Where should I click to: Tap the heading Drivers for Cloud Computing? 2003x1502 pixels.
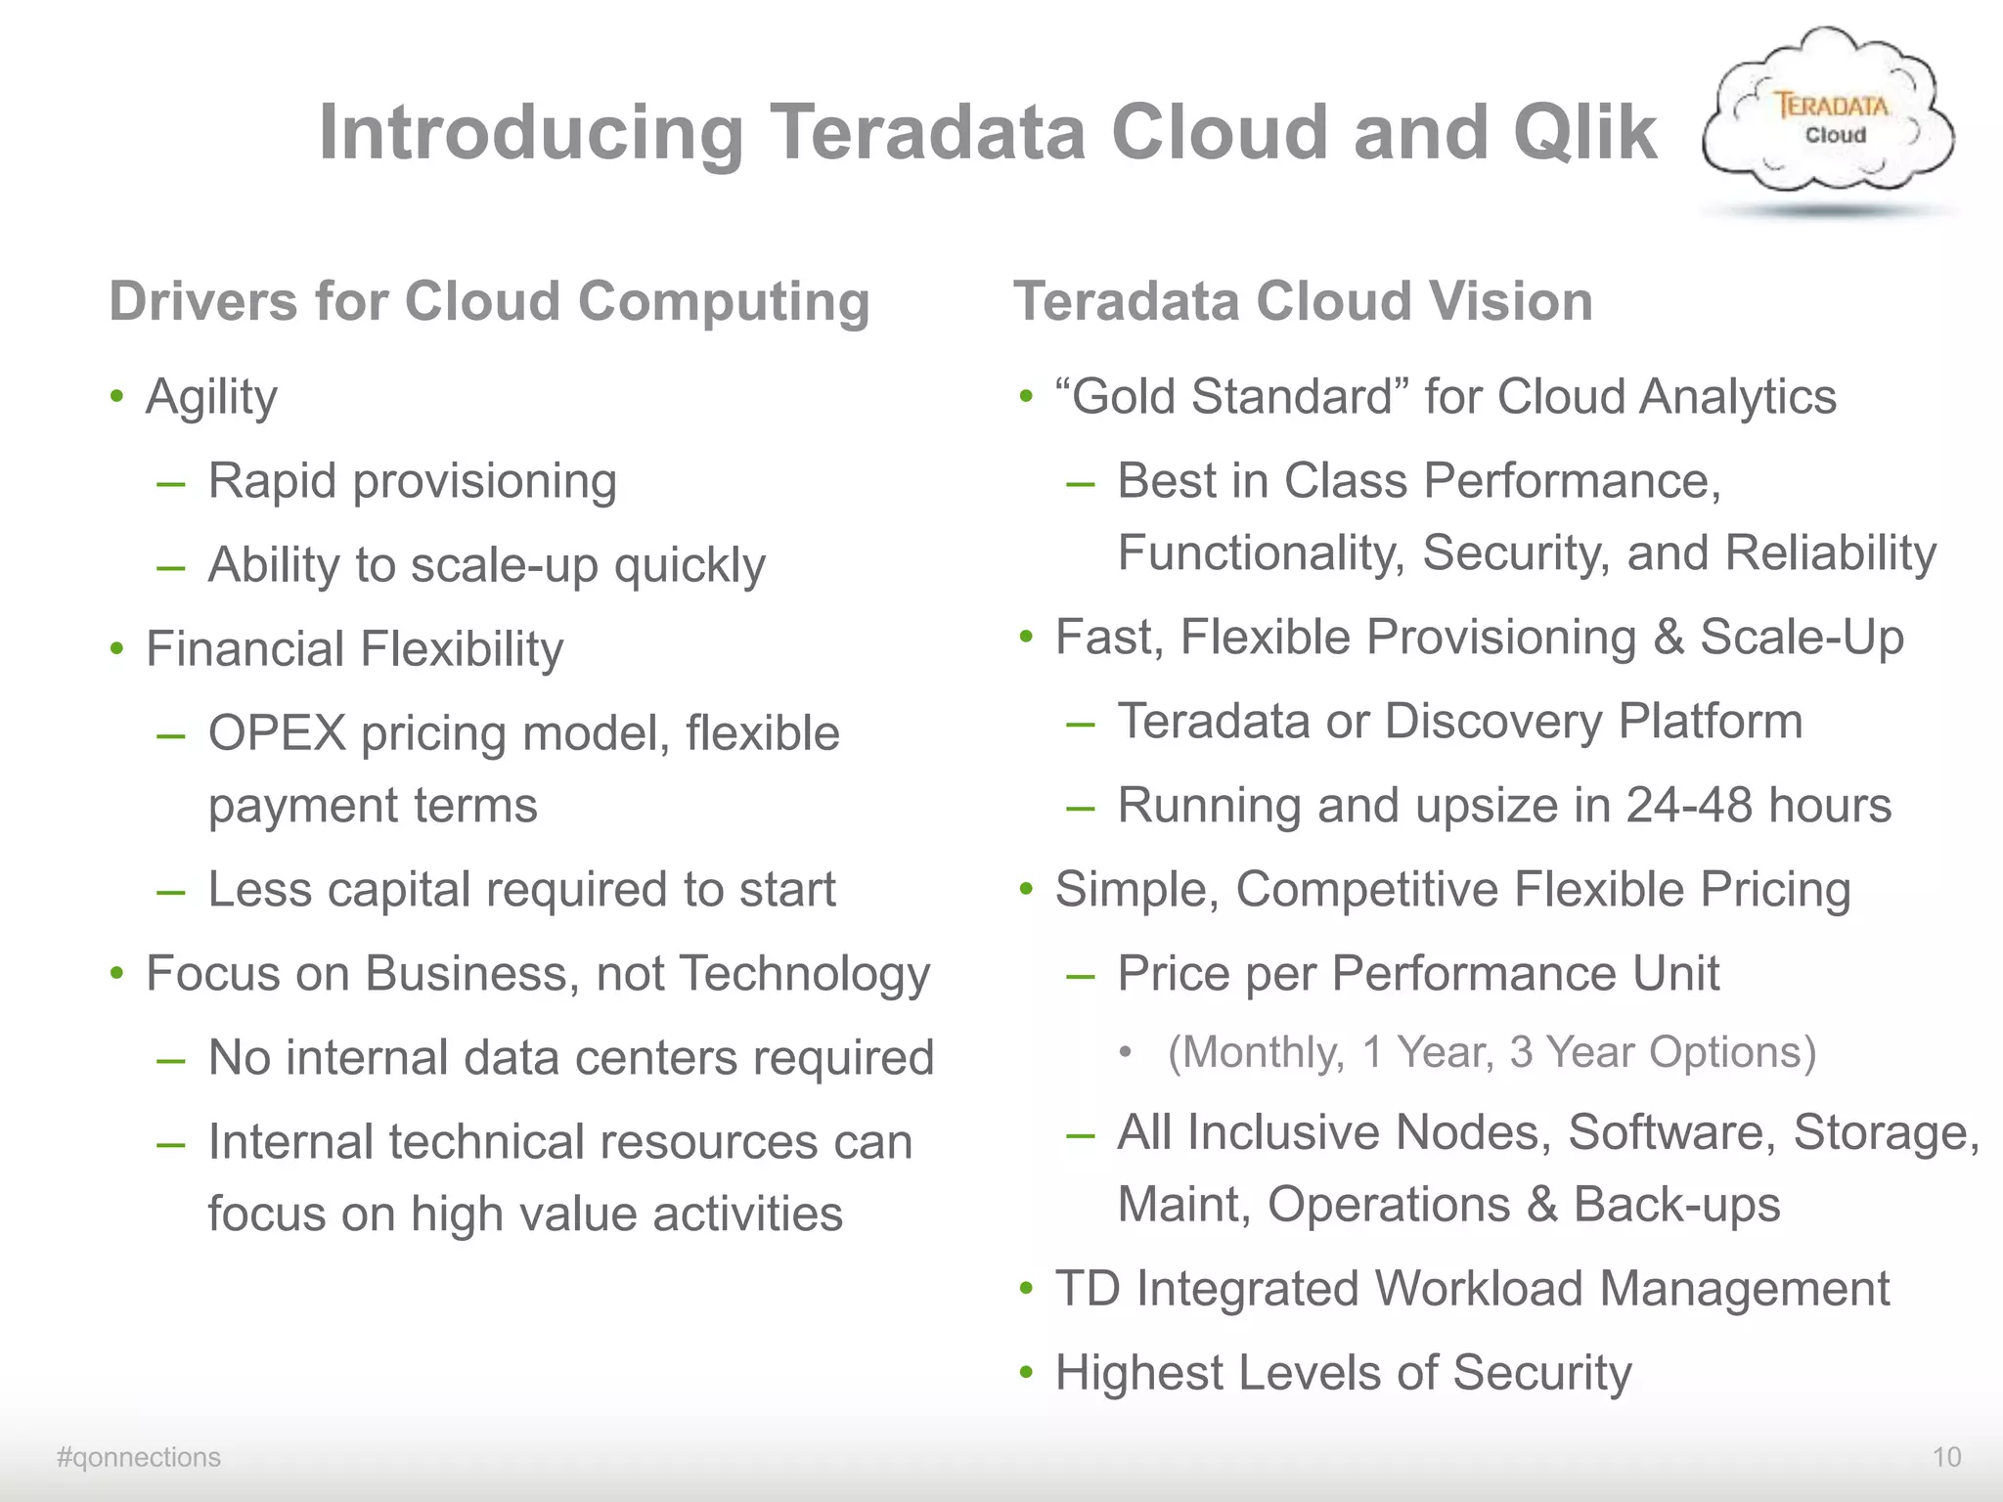point(489,301)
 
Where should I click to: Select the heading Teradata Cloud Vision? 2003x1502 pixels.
point(1303,301)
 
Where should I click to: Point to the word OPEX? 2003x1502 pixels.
point(278,733)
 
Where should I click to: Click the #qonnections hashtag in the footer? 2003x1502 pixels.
point(139,1457)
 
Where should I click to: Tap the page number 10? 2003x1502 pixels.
point(1946,1457)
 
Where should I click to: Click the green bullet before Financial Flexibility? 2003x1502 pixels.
point(117,649)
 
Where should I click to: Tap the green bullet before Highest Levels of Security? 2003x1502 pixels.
point(1026,1373)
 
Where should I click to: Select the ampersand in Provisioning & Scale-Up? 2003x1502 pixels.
point(1669,638)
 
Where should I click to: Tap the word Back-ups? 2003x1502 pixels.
point(1676,1205)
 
